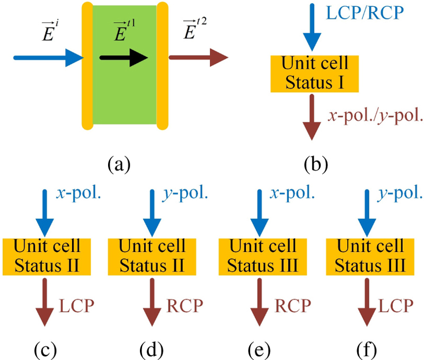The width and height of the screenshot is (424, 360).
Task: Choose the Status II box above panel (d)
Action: [x=152, y=256]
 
